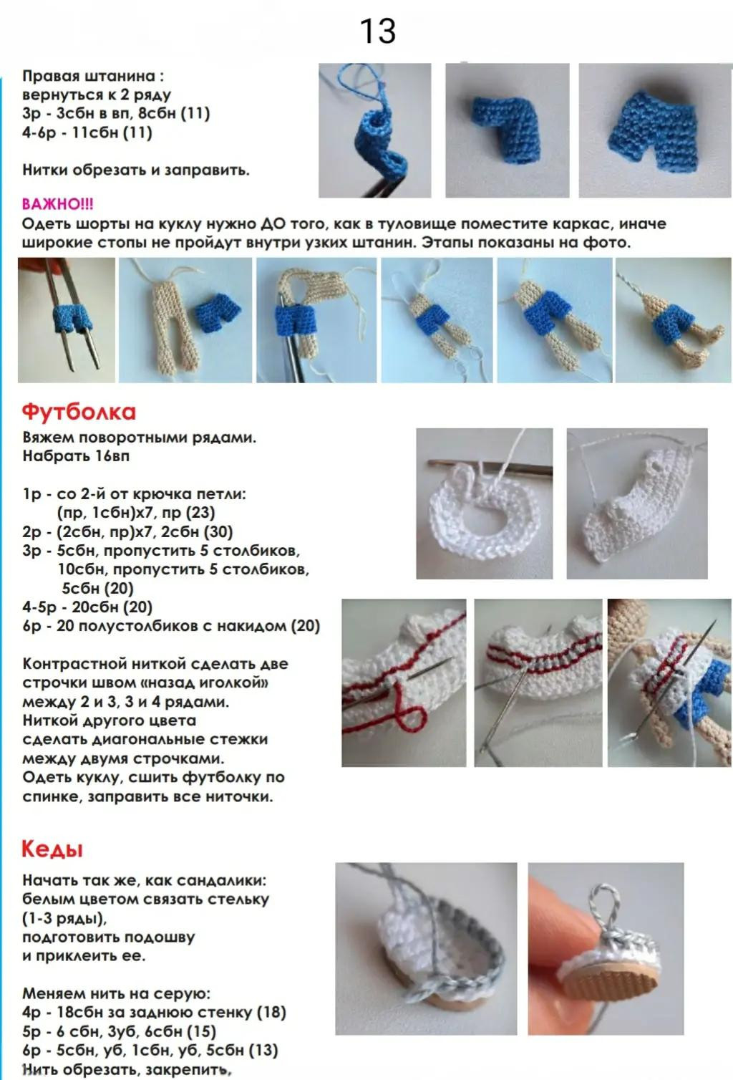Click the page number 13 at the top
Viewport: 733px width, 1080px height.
coord(377,32)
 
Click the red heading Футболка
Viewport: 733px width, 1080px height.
coord(79,412)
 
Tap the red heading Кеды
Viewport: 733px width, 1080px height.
coord(52,849)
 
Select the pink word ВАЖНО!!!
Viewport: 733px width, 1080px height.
coord(57,205)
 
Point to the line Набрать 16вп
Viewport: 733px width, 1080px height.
coord(76,456)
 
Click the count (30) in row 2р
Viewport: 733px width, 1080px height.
coord(218,532)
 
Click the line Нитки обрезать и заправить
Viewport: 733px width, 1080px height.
coord(136,170)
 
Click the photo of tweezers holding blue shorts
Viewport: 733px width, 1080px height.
coord(67,320)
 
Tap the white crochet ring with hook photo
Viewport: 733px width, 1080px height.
coord(484,503)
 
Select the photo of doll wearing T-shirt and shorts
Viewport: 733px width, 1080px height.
coord(669,683)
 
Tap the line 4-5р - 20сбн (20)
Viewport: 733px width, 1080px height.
coord(87,607)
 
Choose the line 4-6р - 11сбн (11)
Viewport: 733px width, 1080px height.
coord(87,132)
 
